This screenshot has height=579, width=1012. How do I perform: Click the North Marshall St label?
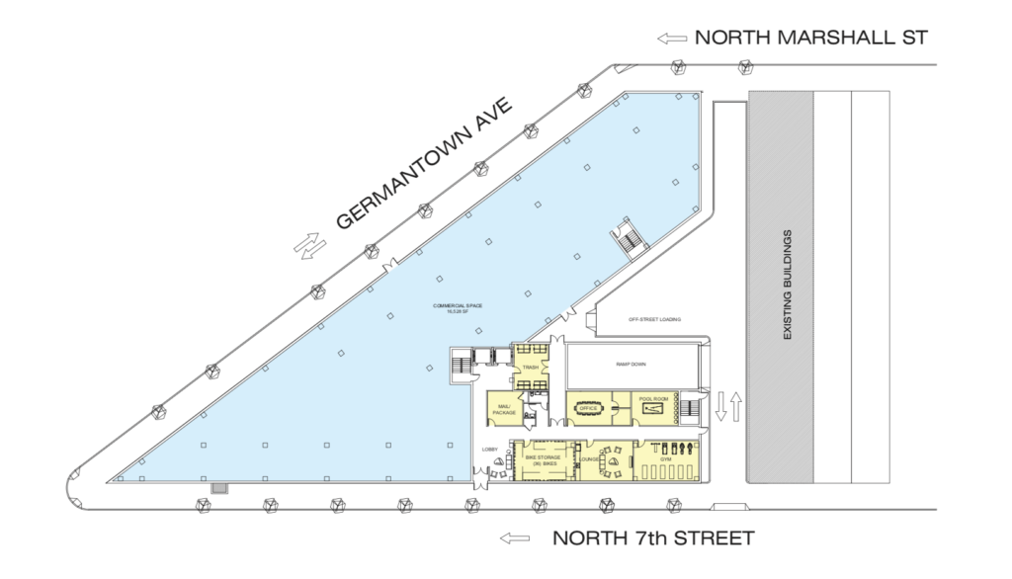point(811,39)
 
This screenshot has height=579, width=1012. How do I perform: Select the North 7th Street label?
point(653,538)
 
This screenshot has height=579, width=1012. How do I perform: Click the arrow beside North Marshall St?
point(673,39)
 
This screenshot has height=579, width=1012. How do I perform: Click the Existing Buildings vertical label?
point(788,286)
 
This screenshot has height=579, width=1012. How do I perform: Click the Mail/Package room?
point(505,407)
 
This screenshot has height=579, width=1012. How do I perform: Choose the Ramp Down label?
point(632,364)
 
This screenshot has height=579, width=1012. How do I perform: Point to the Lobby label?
point(487,448)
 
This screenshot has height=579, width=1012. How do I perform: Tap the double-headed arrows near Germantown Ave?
point(310,244)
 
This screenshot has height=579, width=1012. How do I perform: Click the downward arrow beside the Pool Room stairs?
point(720,405)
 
